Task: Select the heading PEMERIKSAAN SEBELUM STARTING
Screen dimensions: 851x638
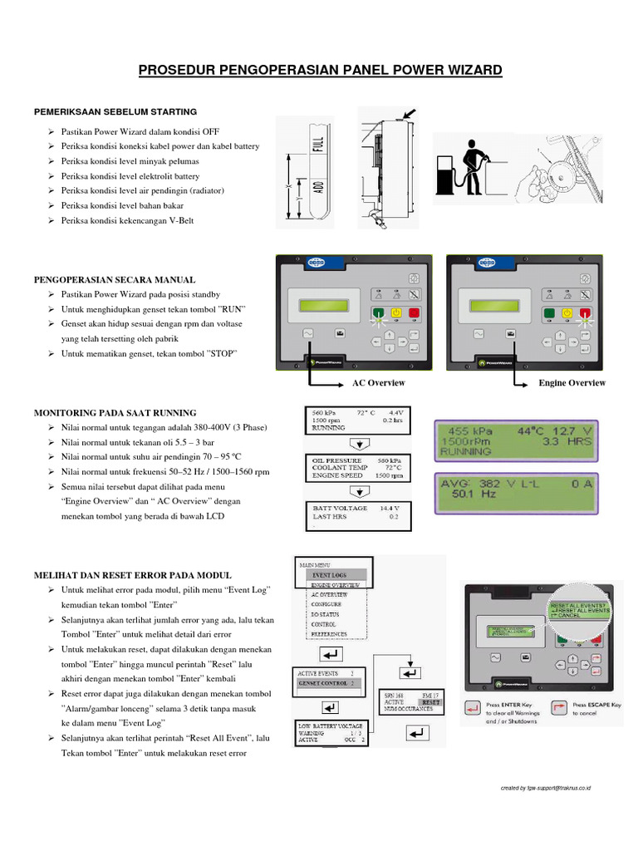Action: pyautogui.click(x=115, y=111)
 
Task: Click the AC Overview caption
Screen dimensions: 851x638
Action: pyautogui.click(x=379, y=383)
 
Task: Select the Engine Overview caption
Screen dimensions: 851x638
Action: pyautogui.click(x=572, y=383)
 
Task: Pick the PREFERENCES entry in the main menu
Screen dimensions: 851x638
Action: pyautogui.click(x=329, y=633)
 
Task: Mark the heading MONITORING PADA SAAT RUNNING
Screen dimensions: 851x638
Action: pyautogui.click(x=115, y=412)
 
